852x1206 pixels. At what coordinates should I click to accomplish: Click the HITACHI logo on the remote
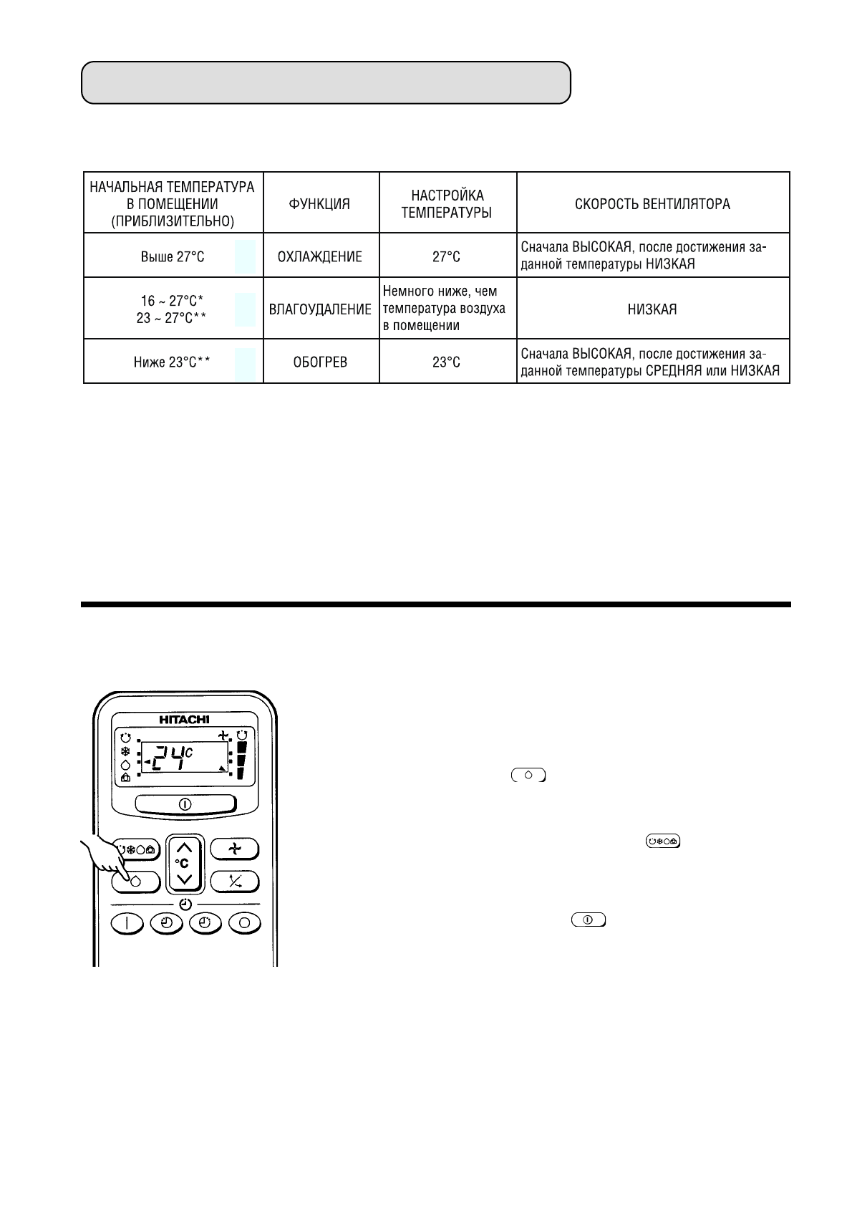[x=184, y=720]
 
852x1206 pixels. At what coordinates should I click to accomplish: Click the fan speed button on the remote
[x=235, y=850]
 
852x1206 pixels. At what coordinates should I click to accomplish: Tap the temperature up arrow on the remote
[x=185, y=846]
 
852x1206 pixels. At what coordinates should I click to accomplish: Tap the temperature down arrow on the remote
[x=185, y=879]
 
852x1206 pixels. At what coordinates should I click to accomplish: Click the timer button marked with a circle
[x=243, y=922]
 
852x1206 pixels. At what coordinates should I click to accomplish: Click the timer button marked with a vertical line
[x=127, y=922]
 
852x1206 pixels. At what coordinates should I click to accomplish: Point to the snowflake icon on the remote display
[x=125, y=752]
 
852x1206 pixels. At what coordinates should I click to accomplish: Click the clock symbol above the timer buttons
[x=185, y=904]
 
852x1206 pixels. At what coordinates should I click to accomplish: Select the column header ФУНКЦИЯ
[x=320, y=204]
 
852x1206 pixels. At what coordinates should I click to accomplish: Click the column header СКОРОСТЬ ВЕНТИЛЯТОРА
[x=652, y=204]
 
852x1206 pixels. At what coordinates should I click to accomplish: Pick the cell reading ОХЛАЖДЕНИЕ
[x=320, y=256]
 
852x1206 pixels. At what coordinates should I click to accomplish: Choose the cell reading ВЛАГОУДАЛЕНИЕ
[x=320, y=309]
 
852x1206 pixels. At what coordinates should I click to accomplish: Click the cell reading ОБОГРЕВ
[x=320, y=362]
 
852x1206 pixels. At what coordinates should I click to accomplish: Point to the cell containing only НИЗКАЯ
[x=652, y=309]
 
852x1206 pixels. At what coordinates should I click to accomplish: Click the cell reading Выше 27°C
[x=173, y=256]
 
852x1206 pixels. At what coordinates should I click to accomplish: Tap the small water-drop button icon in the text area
[x=528, y=775]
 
